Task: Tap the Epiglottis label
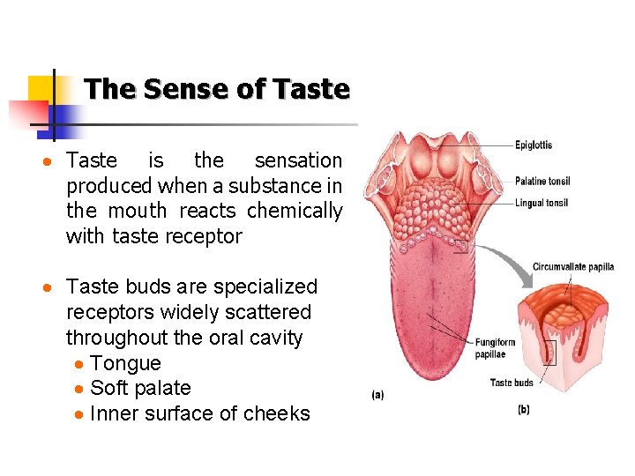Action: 534,145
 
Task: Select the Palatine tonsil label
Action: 542,182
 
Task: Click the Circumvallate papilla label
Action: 573,266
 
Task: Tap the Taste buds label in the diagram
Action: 512,383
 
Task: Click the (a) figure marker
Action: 377,395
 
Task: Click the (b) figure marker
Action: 523,409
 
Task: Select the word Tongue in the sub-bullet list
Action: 125,363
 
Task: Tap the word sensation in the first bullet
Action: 298,160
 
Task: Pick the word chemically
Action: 295,211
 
